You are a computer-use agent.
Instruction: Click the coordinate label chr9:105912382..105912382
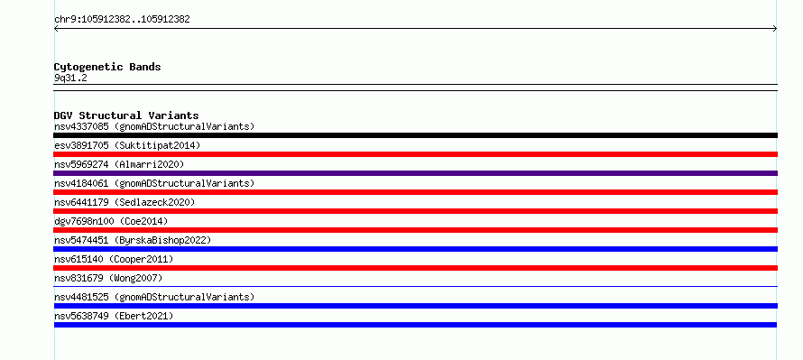pos(122,20)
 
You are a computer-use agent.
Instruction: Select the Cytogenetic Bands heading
pos(107,67)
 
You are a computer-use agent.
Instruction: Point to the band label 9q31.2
pos(70,78)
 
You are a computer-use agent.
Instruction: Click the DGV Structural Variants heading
pos(126,115)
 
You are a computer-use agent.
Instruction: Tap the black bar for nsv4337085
pos(415,135)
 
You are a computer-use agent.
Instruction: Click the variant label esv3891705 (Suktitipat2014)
pos(127,145)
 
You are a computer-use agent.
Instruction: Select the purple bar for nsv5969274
pos(415,173)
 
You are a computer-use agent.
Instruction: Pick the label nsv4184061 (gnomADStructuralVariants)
pos(154,183)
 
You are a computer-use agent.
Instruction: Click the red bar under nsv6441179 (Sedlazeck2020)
pos(415,211)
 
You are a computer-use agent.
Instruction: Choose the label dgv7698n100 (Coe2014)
pos(111,221)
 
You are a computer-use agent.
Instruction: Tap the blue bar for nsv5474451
pos(415,249)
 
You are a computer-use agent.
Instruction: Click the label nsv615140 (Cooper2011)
pos(114,259)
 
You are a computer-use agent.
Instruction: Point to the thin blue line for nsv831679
pos(415,287)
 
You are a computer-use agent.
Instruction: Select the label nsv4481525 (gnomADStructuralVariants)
pos(154,297)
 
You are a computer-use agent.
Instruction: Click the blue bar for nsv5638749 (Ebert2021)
pos(415,325)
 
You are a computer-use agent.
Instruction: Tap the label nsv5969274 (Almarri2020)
pos(119,164)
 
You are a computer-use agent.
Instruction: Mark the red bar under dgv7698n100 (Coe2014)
pos(415,230)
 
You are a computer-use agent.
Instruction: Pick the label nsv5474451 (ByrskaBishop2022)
pos(133,240)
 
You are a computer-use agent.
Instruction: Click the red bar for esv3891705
pos(415,154)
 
